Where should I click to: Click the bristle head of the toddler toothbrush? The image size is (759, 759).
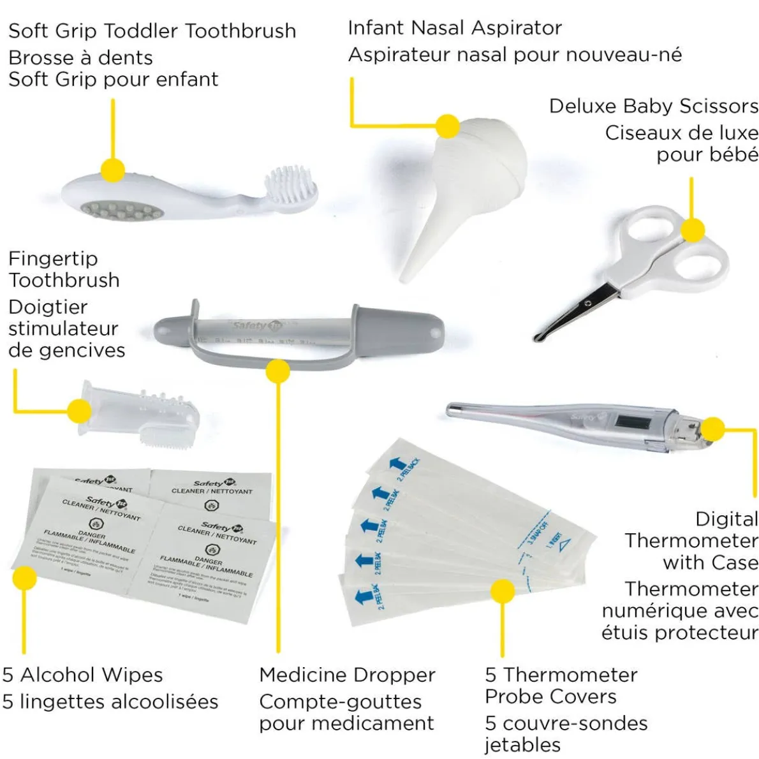(292, 186)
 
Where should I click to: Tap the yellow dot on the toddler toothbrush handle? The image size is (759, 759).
(113, 171)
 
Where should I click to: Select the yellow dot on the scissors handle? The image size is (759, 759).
(693, 230)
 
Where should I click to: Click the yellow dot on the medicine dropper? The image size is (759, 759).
(278, 371)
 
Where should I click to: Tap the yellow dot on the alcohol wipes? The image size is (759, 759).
(25, 578)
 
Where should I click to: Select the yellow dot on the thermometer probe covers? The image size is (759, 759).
(503, 591)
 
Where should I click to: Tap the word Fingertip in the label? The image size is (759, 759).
(53, 259)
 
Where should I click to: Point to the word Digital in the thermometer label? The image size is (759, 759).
(726, 519)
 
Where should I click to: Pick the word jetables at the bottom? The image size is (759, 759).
(522, 744)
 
